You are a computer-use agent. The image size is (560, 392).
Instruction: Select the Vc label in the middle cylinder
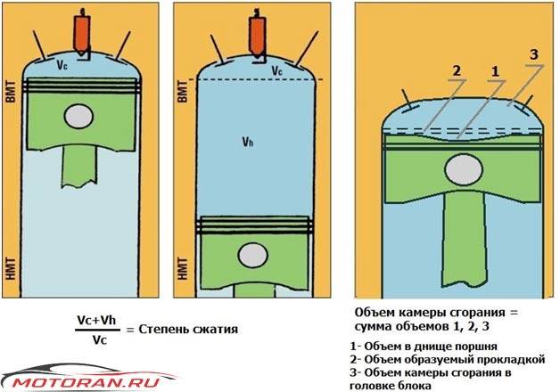coord(276,69)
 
